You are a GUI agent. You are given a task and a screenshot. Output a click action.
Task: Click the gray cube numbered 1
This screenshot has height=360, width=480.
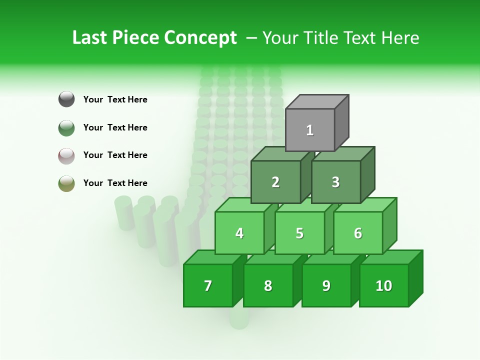(310, 130)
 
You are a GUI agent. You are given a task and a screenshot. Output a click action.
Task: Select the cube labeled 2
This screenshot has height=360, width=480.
(275, 182)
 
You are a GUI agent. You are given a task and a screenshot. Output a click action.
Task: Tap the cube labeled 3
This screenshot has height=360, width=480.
(335, 182)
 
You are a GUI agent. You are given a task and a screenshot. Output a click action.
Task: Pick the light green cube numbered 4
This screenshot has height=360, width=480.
(239, 233)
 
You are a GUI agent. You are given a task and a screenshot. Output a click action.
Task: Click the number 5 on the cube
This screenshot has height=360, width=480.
(299, 233)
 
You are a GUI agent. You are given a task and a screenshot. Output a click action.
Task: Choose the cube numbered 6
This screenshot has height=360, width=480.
(358, 233)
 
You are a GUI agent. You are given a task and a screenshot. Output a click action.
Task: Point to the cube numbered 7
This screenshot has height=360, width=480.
(208, 285)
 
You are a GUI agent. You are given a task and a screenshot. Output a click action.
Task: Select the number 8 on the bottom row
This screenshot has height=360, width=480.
(268, 286)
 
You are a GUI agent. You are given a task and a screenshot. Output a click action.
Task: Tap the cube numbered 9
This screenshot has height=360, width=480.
(326, 285)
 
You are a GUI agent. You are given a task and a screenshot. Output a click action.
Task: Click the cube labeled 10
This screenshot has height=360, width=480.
(384, 285)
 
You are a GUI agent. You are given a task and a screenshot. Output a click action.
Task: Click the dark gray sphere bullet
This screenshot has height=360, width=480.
(66, 99)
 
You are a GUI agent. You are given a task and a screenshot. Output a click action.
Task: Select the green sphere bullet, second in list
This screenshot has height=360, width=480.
(66, 127)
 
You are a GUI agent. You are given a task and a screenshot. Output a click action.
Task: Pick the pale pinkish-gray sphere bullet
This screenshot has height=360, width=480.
(66, 155)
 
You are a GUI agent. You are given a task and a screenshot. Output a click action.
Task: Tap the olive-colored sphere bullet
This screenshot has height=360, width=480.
(66, 183)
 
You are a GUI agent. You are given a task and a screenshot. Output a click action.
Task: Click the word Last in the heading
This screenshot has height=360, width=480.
(90, 38)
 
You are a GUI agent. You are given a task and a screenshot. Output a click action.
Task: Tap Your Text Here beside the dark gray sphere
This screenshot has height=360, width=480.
(115, 99)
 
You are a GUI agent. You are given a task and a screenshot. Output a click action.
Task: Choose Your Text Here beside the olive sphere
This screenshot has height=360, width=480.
(115, 183)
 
